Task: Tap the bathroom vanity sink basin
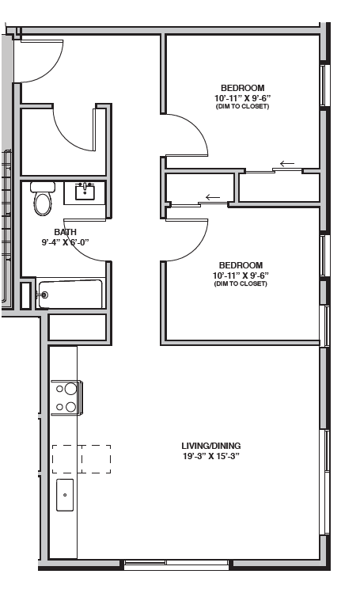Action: (x=85, y=191)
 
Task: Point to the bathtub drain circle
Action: (x=44, y=295)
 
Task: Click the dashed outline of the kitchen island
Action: (x=81, y=458)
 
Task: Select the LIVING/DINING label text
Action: (x=210, y=446)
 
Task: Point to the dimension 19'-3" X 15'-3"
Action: (x=210, y=456)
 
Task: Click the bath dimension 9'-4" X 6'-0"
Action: (x=65, y=242)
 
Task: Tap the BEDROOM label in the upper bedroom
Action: (x=242, y=88)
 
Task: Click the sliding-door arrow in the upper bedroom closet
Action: (x=287, y=164)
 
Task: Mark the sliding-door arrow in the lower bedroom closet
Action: (x=212, y=197)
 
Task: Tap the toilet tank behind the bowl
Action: (x=42, y=188)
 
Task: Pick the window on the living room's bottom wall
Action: (x=176, y=564)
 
